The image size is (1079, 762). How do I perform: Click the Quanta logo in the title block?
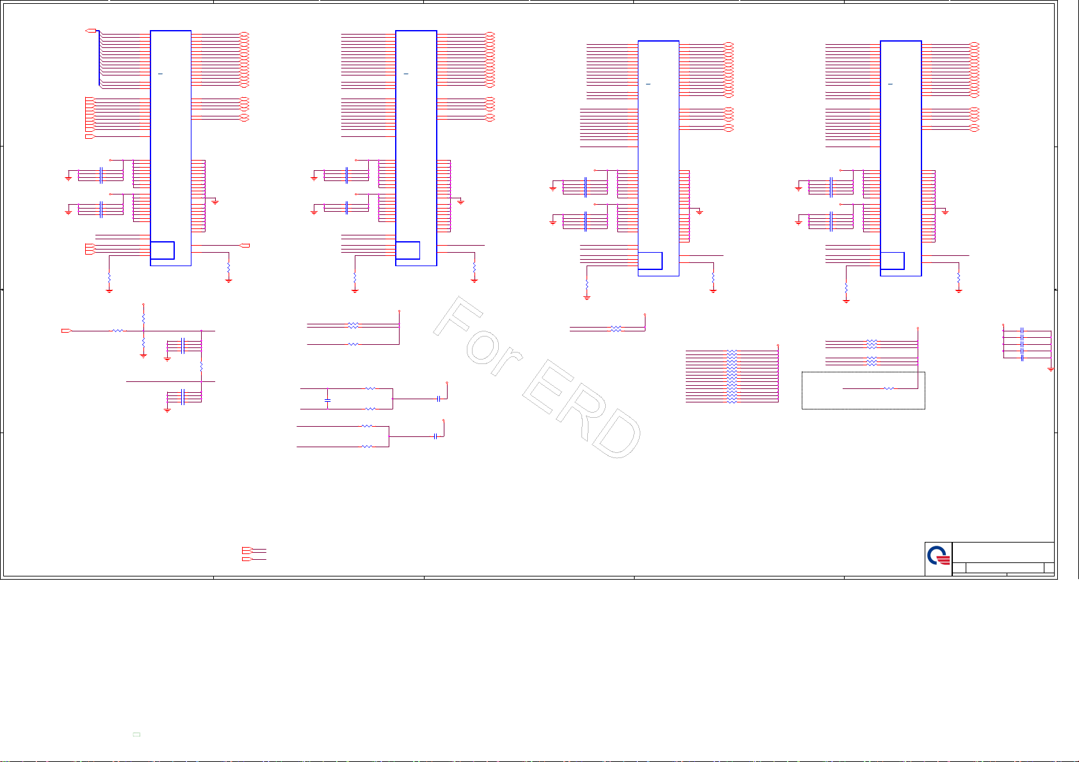pos(939,559)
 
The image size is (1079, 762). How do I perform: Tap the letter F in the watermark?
pos(458,319)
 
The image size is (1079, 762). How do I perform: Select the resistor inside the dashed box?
pos(888,388)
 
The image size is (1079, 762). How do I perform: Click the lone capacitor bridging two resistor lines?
pos(327,399)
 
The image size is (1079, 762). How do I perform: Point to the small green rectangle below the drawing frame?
pos(136,734)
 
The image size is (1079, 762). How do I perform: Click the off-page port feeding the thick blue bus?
pos(90,31)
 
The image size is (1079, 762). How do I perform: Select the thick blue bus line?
pos(99,58)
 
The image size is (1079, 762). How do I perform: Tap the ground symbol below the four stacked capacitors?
pos(1050,370)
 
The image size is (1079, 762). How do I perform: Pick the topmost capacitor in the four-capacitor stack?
pos(1022,331)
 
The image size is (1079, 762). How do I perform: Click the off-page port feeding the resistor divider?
pos(66,331)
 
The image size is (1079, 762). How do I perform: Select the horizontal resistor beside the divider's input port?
pos(117,331)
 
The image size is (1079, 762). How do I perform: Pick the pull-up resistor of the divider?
pos(143,318)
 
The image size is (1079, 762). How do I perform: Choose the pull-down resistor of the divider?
pos(143,344)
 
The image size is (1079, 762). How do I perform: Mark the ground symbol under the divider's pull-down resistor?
pos(143,356)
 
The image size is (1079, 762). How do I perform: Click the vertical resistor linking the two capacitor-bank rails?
pos(202,366)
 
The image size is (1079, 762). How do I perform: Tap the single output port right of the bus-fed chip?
pos(245,246)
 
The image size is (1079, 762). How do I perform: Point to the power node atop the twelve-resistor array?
pos(778,345)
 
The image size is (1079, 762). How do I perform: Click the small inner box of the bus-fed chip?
pos(162,250)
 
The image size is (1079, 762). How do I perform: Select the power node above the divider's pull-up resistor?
pos(143,305)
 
